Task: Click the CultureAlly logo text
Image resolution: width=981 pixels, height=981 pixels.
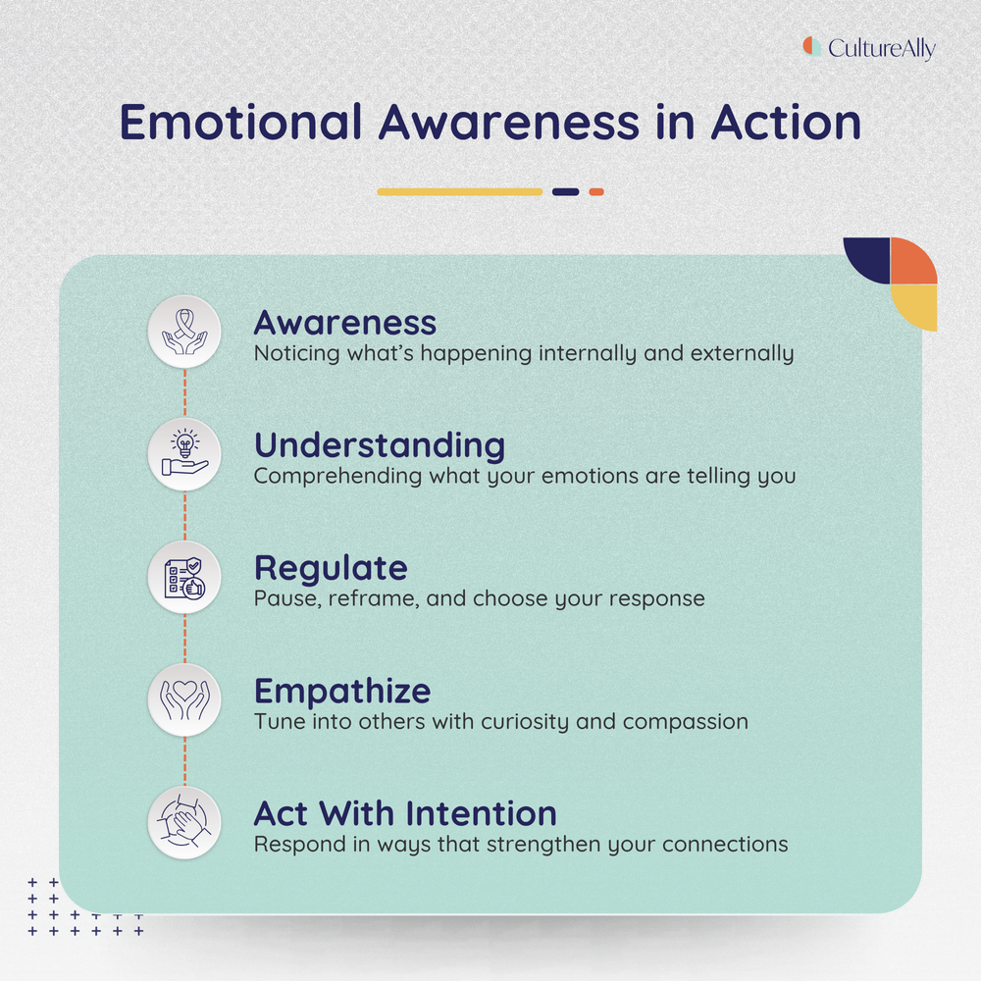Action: tap(881, 48)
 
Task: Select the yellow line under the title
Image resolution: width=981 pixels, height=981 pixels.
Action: tap(459, 192)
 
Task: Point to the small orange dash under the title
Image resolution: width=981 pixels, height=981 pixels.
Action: tap(596, 192)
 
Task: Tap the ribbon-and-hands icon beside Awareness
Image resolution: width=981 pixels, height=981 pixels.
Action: tap(184, 332)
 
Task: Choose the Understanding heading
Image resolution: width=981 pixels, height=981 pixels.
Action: tap(380, 445)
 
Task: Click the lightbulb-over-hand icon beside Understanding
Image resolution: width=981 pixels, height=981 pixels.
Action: tap(184, 454)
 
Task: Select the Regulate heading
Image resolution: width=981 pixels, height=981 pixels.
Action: tap(331, 568)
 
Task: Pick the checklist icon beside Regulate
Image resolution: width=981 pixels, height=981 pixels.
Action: tap(184, 577)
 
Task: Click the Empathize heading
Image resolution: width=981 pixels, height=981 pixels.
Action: tap(342, 691)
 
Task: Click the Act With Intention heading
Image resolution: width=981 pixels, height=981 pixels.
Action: tap(405, 813)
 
